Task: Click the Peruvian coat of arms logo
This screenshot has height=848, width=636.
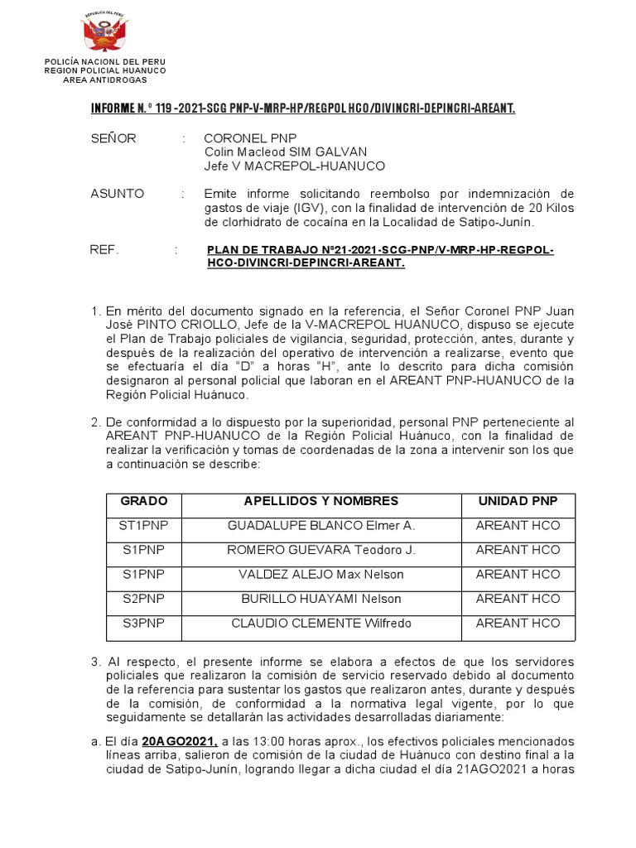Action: pyautogui.click(x=104, y=35)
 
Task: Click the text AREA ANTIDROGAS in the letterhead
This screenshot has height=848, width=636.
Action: pyautogui.click(x=105, y=79)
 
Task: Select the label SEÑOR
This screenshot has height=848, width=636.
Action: pyautogui.click(x=113, y=138)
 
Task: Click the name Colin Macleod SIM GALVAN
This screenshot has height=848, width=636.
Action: pyautogui.click(x=286, y=152)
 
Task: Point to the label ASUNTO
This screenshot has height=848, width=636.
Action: pyautogui.click(x=117, y=194)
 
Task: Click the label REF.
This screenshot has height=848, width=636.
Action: pyautogui.click(x=104, y=250)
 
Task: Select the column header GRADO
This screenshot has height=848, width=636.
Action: pyautogui.click(x=144, y=502)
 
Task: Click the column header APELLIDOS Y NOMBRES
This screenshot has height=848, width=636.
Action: pyautogui.click(x=321, y=502)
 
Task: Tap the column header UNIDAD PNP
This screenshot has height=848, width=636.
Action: pyautogui.click(x=518, y=502)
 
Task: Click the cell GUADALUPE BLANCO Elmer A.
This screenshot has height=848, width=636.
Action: pyautogui.click(x=321, y=526)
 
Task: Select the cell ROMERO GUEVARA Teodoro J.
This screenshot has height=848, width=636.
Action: pyautogui.click(x=321, y=550)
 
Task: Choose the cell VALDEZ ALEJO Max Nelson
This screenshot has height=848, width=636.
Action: pyautogui.click(x=321, y=575)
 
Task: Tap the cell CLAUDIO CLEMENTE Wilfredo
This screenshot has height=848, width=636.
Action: pyautogui.click(x=321, y=623)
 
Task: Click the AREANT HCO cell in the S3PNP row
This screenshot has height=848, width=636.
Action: pyautogui.click(x=518, y=623)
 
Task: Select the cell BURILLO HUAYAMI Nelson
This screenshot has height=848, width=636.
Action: pyautogui.click(x=321, y=599)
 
